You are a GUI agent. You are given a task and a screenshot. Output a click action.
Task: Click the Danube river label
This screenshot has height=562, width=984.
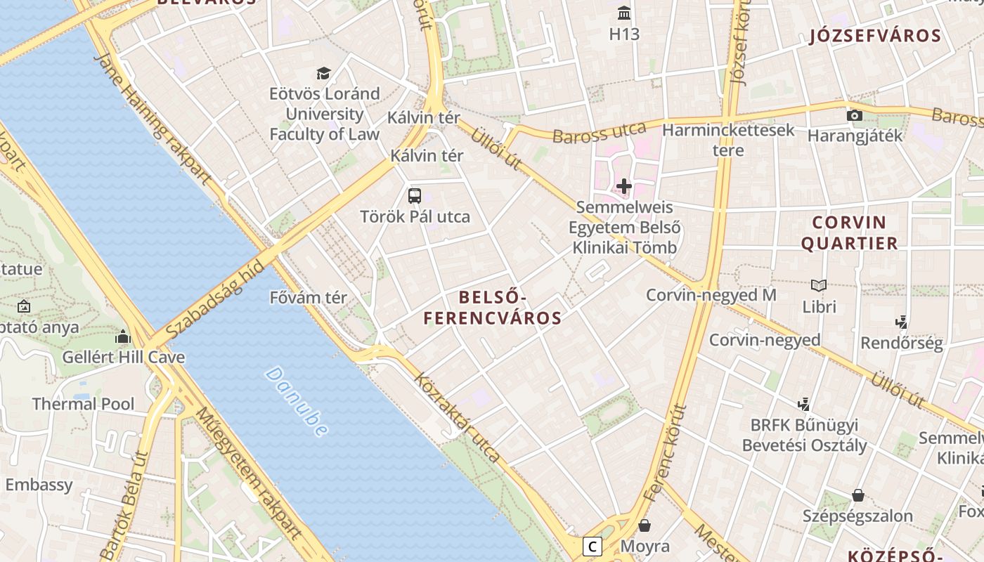pos(296,401)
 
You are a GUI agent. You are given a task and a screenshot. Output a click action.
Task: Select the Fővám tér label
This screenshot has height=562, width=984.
pos(309,298)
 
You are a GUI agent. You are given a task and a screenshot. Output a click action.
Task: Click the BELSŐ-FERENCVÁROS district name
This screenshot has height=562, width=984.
pos(493,308)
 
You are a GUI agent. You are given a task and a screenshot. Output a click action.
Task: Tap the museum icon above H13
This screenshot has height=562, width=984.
pos(623,13)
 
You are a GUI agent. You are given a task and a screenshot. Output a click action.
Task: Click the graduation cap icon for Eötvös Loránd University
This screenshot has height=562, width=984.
pos(323,73)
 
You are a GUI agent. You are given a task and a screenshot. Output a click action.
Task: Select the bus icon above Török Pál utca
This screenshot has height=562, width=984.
pos(415,196)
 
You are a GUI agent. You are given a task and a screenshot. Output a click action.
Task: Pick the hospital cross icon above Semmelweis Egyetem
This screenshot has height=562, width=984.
pos(623,186)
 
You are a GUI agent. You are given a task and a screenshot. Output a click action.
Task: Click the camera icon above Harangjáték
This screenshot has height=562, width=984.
pos(855,115)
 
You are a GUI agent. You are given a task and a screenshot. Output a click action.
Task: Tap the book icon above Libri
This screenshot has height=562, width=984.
pos(819,285)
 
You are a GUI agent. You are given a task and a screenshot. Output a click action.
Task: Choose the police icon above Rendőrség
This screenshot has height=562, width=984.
pos(901,322)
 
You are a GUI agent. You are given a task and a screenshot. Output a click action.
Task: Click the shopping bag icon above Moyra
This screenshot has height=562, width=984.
pos(645,525)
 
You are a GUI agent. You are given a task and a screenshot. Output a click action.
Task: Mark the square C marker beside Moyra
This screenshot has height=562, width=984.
pos(593,546)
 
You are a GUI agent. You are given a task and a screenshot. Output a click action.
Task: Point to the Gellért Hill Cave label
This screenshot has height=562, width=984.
pos(124,357)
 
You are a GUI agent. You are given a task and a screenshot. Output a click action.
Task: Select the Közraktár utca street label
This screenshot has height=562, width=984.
pos(458,418)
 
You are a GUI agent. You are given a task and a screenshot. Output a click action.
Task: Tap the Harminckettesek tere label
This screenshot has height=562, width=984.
pos(728,140)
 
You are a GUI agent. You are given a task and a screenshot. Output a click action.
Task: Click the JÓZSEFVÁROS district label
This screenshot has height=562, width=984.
pos(875,36)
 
